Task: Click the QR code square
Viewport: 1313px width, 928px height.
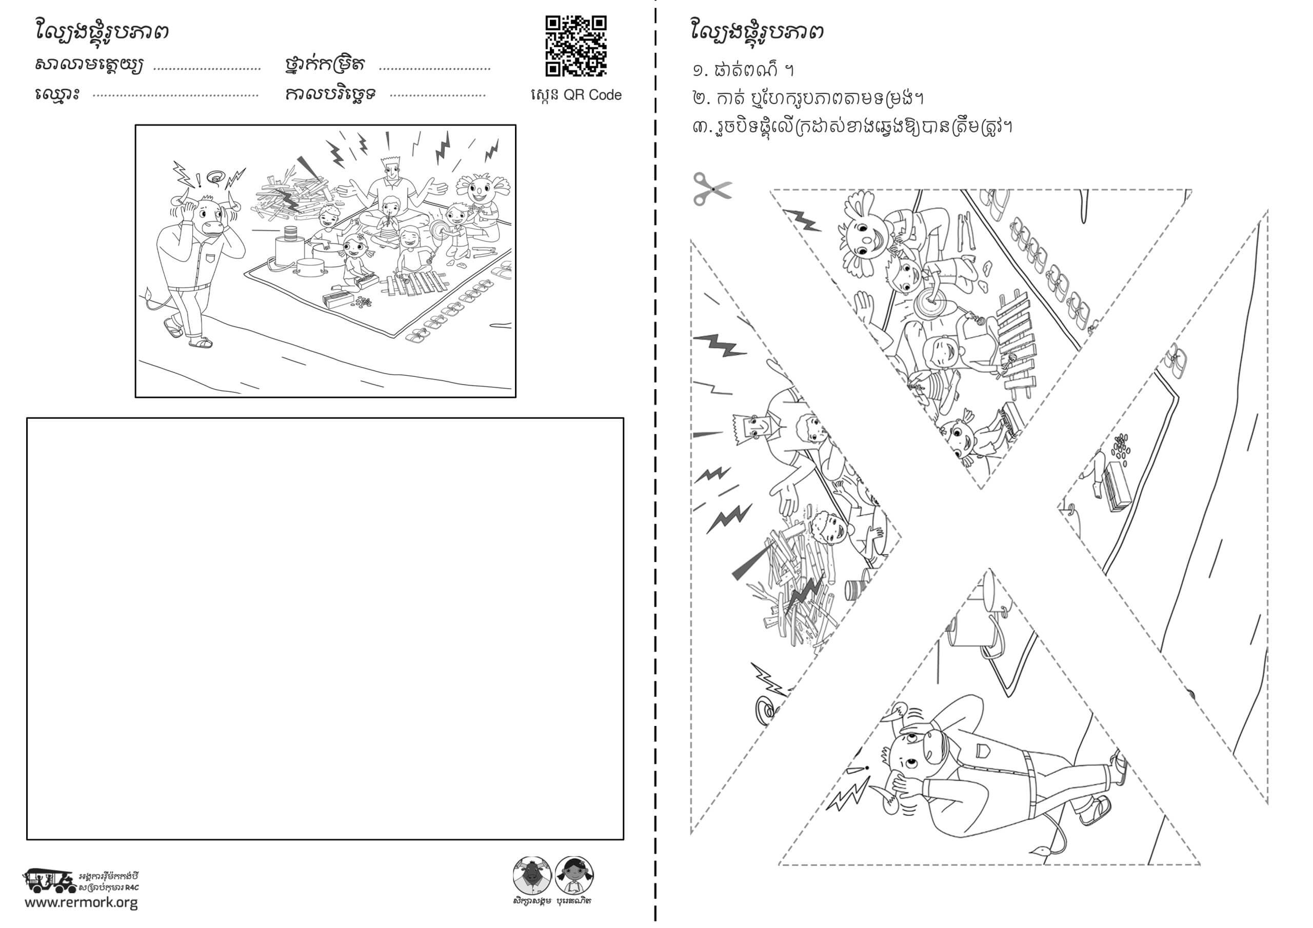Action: [576, 46]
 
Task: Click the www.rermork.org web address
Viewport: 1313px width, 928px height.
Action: [81, 903]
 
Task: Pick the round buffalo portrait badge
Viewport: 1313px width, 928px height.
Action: [532, 875]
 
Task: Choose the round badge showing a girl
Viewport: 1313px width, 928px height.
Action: [574, 875]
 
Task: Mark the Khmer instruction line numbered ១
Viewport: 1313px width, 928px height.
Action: [743, 70]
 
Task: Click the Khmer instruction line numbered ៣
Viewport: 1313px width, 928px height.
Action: [852, 126]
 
